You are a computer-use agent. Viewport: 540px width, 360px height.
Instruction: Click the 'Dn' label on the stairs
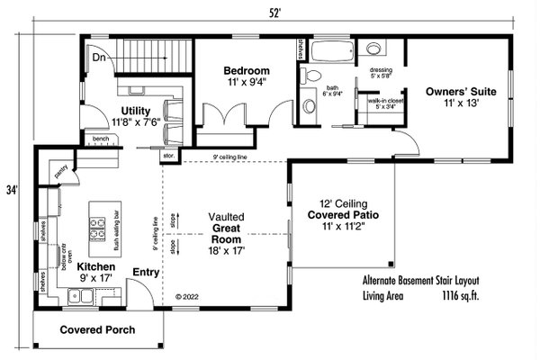pos(100,58)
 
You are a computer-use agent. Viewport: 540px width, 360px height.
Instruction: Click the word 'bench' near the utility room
pos(99,139)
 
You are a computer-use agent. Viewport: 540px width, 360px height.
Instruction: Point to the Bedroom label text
pos(246,70)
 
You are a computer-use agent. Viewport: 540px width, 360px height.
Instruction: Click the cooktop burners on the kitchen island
pos(97,232)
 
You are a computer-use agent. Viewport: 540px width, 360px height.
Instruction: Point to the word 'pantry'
pos(60,168)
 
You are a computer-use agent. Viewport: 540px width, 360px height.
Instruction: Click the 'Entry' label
pos(146,271)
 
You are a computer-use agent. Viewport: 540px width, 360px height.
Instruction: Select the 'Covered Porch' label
pos(98,330)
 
